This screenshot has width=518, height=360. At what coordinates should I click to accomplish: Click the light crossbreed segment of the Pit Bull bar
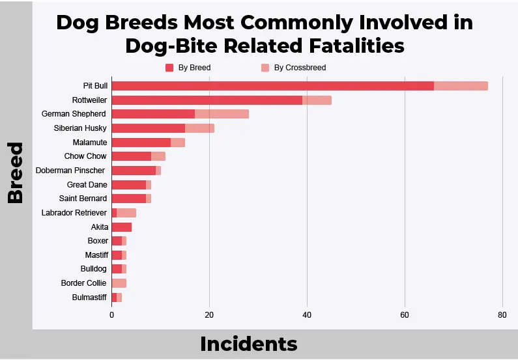[x=461, y=86]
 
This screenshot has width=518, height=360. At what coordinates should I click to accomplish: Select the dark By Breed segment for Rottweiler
[x=207, y=100]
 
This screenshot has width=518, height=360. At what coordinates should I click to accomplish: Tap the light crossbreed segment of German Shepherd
[x=222, y=114]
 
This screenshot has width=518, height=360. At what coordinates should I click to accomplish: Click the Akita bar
[x=122, y=227]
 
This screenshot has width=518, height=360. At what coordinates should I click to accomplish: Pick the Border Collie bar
[x=119, y=283]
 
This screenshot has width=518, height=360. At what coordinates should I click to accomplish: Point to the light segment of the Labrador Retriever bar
[x=126, y=213]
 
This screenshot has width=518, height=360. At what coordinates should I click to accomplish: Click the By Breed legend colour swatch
[x=169, y=68]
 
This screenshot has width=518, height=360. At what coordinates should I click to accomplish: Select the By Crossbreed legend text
[x=300, y=68]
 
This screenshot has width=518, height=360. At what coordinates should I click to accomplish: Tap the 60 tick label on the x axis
[x=405, y=315]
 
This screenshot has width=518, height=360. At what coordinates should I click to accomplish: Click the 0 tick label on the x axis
[x=111, y=315]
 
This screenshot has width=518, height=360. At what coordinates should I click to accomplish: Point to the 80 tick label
[x=502, y=315]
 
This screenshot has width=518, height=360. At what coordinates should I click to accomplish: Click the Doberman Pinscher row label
[x=70, y=171]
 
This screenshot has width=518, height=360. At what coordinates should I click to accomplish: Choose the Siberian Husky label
[x=80, y=128]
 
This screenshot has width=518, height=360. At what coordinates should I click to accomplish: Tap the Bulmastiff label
[x=89, y=298]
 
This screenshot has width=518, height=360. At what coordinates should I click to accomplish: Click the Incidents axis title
[x=249, y=344]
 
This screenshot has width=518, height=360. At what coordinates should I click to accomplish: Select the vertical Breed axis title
[x=15, y=173]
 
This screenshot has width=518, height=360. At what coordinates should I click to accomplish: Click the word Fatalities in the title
[x=357, y=46]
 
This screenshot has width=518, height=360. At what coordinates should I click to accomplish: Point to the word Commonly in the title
[x=296, y=23]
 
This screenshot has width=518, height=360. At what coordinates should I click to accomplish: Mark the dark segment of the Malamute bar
[x=141, y=143]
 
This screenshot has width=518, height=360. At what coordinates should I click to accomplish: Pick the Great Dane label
[x=87, y=185]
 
